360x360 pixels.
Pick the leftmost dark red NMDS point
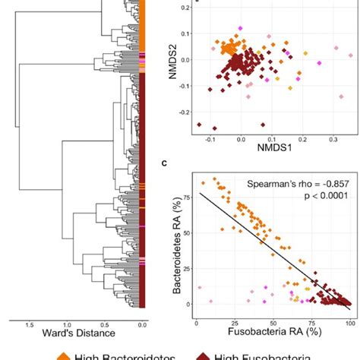(199, 124)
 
